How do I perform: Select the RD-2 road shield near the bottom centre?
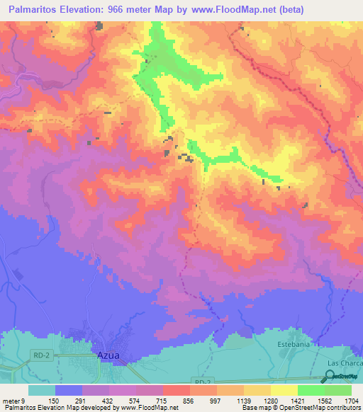(x=202, y=381)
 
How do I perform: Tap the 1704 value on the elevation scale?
(x=351, y=400)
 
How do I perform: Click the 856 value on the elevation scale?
(x=189, y=400)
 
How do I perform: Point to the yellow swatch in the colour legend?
(x=284, y=390)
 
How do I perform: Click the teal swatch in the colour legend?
(x=42, y=390)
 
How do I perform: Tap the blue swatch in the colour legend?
(x=69, y=390)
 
